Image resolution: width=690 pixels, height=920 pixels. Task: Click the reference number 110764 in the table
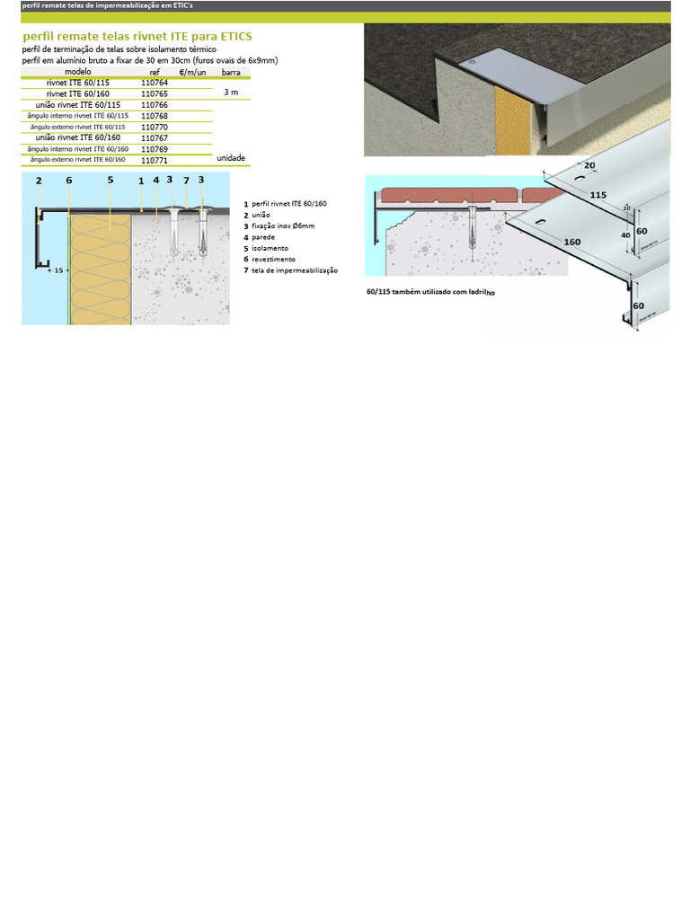click(x=155, y=82)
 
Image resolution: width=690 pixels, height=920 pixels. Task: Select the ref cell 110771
click(x=155, y=161)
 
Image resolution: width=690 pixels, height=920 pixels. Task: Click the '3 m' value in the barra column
click(x=231, y=93)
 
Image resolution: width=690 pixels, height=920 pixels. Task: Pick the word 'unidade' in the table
click(x=231, y=157)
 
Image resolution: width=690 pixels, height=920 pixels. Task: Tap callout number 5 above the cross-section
click(x=111, y=180)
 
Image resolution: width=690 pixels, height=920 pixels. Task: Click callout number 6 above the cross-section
click(x=68, y=180)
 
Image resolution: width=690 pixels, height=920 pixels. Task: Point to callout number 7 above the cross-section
click(x=186, y=180)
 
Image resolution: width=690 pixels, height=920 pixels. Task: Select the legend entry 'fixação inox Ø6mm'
click(x=283, y=226)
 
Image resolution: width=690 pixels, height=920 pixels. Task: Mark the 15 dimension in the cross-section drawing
click(x=58, y=270)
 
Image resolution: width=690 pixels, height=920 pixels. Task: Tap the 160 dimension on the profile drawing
click(x=571, y=242)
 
